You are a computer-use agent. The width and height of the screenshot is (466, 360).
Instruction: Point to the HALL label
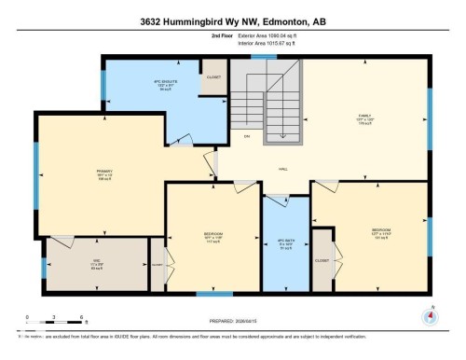[x=281, y=169]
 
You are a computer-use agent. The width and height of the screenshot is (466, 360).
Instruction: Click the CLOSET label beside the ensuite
[x=213, y=77]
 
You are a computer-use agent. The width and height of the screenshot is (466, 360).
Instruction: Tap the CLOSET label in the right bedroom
[x=322, y=260]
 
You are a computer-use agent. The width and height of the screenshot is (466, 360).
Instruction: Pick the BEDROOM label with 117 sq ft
[x=212, y=234]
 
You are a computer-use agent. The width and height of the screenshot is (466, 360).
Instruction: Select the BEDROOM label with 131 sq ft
[x=381, y=228]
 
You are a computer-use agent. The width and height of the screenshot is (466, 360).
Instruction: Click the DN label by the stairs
[x=247, y=137]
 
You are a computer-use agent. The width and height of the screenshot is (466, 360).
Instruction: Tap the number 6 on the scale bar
[x=83, y=318]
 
